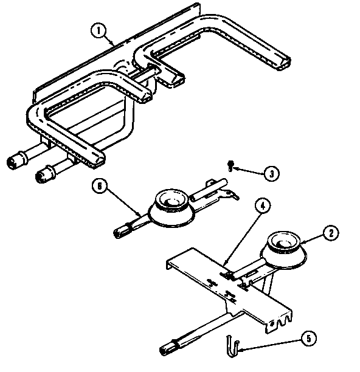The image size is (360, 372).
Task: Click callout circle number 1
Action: point(99,30)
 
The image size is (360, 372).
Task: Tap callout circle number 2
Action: point(331,233)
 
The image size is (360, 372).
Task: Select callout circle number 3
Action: point(271,174)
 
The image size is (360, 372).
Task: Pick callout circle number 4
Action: point(263,206)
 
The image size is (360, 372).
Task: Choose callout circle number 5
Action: point(308,339)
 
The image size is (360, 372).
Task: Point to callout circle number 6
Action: point(100,186)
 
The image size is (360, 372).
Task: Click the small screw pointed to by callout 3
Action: point(230,165)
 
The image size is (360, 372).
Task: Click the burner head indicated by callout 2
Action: point(284,249)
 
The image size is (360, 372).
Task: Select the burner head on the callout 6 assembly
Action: point(171,208)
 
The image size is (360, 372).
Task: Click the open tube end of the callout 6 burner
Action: point(119,233)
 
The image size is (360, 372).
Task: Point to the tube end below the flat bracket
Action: point(165,350)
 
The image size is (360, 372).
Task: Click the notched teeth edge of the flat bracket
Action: point(280,321)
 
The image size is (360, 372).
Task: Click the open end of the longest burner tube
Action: point(284,64)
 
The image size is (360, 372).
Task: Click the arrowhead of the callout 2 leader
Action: point(302,243)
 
